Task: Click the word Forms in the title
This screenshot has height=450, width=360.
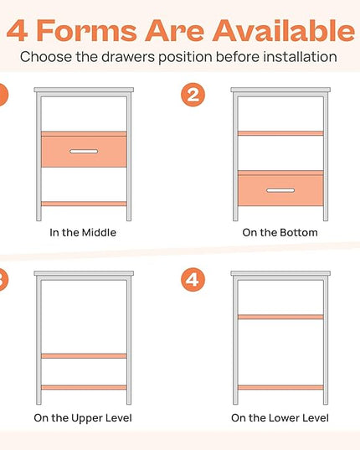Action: [x=87, y=31]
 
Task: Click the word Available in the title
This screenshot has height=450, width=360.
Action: [x=284, y=30]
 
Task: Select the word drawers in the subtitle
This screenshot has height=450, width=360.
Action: [x=128, y=57]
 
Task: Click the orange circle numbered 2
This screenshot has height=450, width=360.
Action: [x=193, y=95]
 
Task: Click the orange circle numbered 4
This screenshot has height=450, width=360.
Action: [x=193, y=280]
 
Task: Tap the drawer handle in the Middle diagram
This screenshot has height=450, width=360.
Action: [x=84, y=151]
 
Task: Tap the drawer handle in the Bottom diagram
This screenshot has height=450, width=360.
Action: [x=280, y=190]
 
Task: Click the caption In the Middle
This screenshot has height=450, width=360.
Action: [x=83, y=232]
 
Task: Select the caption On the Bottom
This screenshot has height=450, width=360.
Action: [x=280, y=232]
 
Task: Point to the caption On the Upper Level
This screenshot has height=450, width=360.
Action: [x=83, y=418]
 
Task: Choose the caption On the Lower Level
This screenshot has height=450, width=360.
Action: [x=280, y=418]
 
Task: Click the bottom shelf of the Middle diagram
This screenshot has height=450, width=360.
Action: [x=84, y=204]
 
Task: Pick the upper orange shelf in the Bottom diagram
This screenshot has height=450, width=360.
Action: [x=280, y=133]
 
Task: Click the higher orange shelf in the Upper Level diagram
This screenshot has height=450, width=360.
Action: [x=84, y=356]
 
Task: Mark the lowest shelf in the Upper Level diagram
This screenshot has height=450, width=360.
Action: [x=84, y=387]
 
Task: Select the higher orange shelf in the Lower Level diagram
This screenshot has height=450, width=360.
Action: [x=280, y=317]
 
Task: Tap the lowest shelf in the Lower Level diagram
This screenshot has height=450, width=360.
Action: [x=280, y=387]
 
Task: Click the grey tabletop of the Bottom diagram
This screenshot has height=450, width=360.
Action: [x=280, y=90]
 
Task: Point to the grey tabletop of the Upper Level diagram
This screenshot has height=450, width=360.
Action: [x=84, y=273]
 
